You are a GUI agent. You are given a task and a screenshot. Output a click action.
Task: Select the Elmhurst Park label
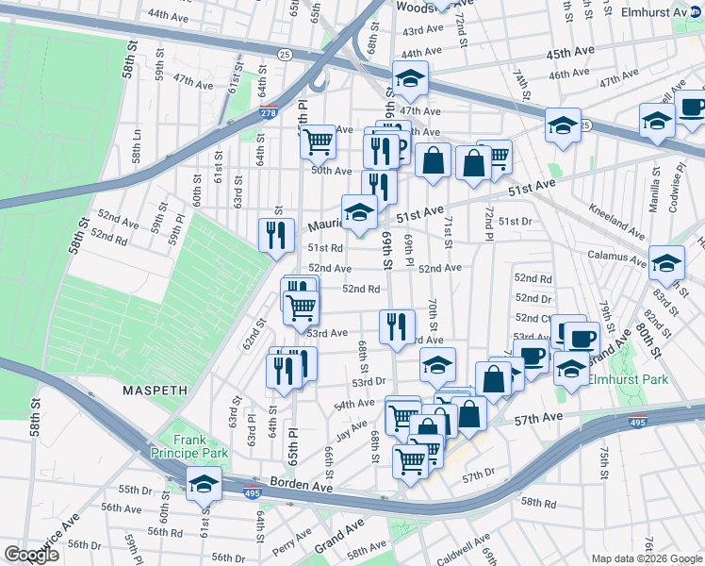click(628, 379)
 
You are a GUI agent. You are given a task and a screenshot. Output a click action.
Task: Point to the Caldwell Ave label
click(463, 547)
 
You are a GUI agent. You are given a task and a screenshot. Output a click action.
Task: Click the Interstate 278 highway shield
click(268, 113)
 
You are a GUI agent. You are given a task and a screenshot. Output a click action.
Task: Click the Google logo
click(32, 555)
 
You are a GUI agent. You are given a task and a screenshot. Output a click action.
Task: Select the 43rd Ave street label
click(421, 31)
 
